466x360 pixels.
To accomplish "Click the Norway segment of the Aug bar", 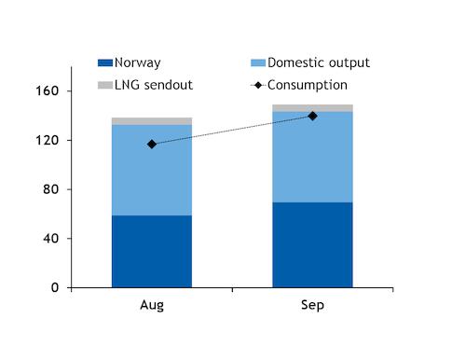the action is pyautogui.click(x=152, y=251).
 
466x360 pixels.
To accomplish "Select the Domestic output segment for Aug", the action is pyautogui.click(x=152, y=170).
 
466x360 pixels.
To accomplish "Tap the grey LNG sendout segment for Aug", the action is pyautogui.click(x=152, y=121).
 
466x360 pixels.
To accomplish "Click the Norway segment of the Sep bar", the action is pyautogui.click(x=312, y=245).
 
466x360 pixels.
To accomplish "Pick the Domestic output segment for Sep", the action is pyautogui.click(x=312, y=157).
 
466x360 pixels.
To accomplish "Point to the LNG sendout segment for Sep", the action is pyautogui.click(x=312, y=108).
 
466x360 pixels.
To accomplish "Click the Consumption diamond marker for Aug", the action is pyautogui.click(x=152, y=145).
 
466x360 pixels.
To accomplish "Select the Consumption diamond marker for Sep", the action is pyautogui.click(x=312, y=116).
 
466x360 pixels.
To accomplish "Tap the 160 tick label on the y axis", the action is pyautogui.click(x=48, y=90).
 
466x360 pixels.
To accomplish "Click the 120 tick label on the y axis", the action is pyautogui.click(x=48, y=140).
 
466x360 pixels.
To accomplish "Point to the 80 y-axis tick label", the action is pyautogui.click(x=51, y=189).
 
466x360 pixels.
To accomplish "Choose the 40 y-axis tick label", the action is pyautogui.click(x=51, y=239).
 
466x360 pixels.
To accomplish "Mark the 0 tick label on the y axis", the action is pyautogui.click(x=55, y=287).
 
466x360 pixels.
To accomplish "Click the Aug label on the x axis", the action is pyautogui.click(x=152, y=305).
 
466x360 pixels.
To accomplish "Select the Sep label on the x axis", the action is pyautogui.click(x=312, y=305).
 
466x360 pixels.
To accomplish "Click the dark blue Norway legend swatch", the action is pyautogui.click(x=105, y=62).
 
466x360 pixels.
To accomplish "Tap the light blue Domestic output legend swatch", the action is pyautogui.click(x=258, y=62).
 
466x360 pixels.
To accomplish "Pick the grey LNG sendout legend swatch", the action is pyautogui.click(x=105, y=85).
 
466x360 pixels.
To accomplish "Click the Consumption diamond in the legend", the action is pyautogui.click(x=258, y=85).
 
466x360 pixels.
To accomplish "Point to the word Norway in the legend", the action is pyautogui.click(x=138, y=63).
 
